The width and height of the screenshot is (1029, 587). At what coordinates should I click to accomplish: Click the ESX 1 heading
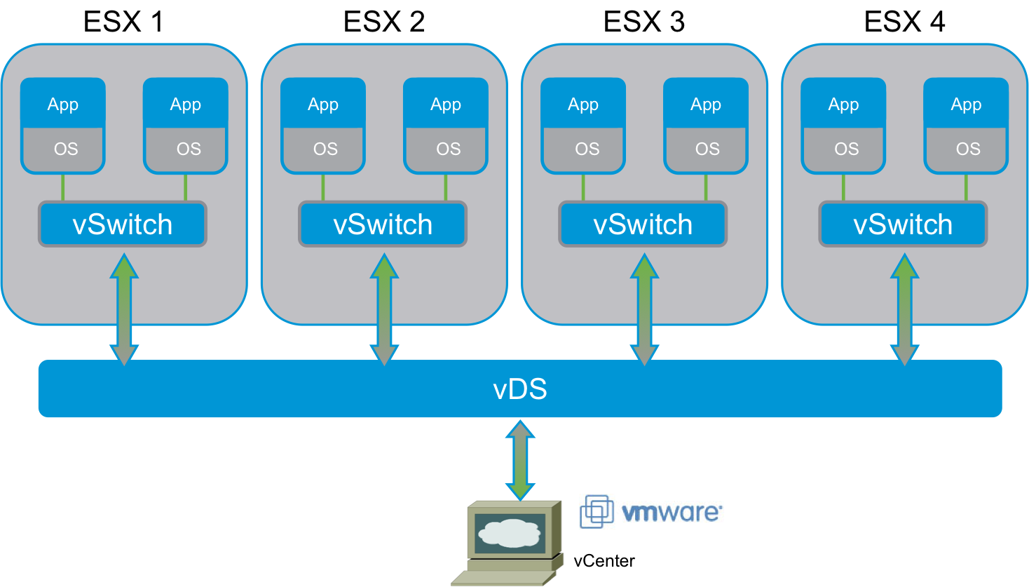coord(123,22)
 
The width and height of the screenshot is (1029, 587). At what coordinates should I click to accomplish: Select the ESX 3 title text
coord(643,22)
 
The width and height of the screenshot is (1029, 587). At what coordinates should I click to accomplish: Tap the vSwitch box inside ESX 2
coord(383,224)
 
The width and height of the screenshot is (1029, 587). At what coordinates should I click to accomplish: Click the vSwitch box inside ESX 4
coord(903,224)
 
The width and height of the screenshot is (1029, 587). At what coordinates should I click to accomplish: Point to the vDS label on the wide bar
coord(519,389)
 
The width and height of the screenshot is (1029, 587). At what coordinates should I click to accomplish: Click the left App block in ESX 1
coord(63,104)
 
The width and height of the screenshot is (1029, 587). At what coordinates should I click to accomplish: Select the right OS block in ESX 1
coord(186,149)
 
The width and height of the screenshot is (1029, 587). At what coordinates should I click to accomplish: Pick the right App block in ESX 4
coord(966,104)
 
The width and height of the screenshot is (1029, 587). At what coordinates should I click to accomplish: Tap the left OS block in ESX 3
coord(584,149)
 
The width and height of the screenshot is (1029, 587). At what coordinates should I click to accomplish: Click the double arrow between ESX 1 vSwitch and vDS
coord(124,309)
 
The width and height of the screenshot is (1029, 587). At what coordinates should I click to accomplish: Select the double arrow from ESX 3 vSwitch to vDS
coord(644,309)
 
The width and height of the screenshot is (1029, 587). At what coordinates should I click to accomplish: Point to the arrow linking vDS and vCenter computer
coord(520,459)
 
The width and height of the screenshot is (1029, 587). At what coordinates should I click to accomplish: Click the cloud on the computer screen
coord(510,533)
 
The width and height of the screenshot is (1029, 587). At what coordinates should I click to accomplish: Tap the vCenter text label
coord(604,561)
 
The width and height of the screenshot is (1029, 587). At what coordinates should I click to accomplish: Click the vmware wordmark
coord(671,512)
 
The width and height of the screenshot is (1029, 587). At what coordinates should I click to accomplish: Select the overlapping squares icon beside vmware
coord(597,511)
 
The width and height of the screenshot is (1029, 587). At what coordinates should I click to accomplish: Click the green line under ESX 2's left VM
coord(323,187)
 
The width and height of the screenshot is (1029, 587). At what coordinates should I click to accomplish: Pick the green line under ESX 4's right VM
coord(966,187)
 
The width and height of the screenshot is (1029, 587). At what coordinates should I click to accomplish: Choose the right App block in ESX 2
coord(446,104)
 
